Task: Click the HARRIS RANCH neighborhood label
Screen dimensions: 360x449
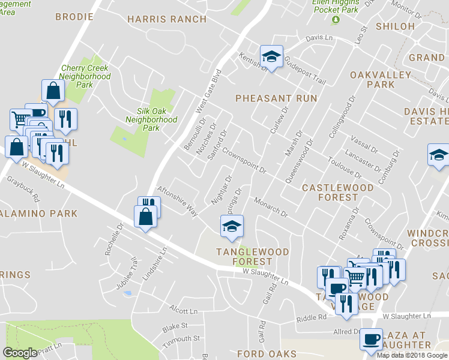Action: coord(167,19)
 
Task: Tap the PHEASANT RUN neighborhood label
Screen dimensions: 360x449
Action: coord(276,98)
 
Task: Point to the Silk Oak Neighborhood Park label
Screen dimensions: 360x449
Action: coord(151,119)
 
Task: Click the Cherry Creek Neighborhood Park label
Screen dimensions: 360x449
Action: coord(85,76)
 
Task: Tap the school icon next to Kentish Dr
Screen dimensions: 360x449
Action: coord(271,58)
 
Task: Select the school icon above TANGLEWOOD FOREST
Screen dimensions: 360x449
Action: coord(232,226)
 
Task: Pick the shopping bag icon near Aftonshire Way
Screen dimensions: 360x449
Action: coord(146,217)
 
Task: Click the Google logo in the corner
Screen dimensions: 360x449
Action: coord(20,353)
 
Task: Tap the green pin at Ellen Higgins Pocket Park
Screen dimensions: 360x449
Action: coord(336,20)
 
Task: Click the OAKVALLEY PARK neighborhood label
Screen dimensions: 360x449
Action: coord(388,80)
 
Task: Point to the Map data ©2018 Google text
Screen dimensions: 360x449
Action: coord(412,355)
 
